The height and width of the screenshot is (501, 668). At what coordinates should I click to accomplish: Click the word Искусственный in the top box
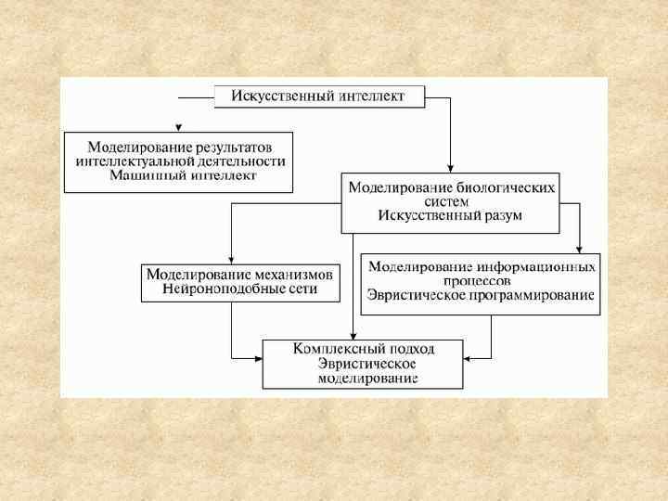coord(275,96)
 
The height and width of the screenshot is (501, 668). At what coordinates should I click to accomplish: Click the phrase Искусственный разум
coord(450,215)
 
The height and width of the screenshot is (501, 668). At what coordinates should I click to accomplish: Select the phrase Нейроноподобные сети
coord(239,289)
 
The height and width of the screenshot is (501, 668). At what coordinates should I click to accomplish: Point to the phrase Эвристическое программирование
coord(480,295)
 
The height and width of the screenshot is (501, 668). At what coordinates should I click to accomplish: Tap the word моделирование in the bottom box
coord(366,378)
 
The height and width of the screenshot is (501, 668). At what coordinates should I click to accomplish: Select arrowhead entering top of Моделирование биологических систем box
coord(450,168)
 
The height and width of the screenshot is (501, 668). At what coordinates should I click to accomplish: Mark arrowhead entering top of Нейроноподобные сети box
coord(231,260)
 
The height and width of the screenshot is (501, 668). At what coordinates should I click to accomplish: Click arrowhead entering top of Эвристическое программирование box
coord(579,248)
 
